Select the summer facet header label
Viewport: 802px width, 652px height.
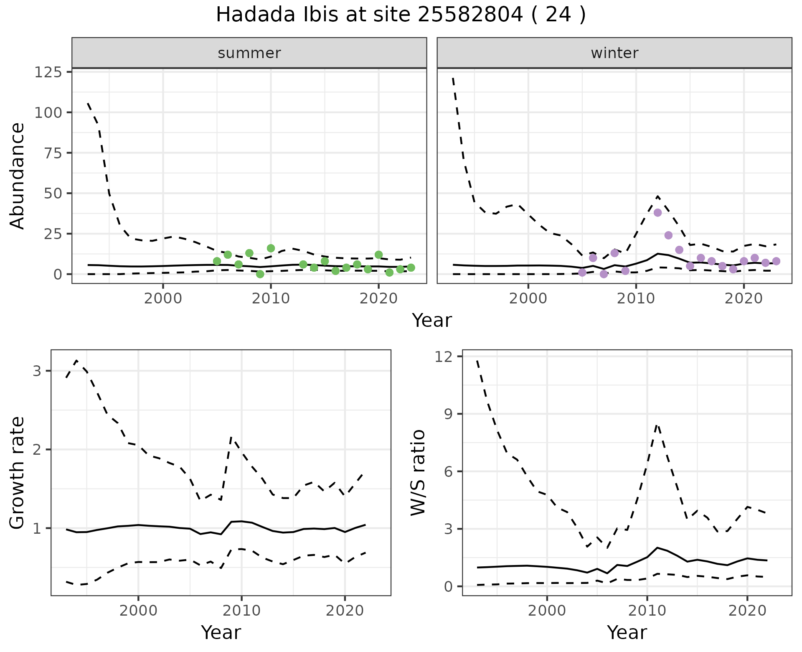249,53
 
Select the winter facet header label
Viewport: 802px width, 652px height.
614,53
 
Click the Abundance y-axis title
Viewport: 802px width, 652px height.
17,176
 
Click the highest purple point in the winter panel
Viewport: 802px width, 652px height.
657,212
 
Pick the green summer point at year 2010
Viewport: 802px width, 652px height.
271,248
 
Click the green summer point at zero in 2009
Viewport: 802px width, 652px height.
260,274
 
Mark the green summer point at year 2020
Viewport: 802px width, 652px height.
378,255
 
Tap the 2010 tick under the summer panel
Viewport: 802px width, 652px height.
271,299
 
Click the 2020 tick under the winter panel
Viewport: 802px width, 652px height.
744,299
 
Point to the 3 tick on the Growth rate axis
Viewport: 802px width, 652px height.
37,371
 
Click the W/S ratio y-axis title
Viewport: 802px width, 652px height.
418,472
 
